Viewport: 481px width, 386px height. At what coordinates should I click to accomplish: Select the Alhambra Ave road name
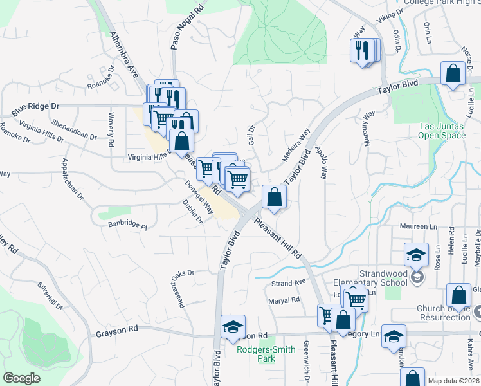[x=124, y=54]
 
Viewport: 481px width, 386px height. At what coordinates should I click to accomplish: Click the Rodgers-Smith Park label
[x=266, y=354]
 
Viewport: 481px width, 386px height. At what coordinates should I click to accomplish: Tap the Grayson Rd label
[x=117, y=333]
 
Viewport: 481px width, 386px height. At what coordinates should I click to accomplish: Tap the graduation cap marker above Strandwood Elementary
[x=416, y=255]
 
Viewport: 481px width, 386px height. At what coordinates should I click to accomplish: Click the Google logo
[x=22, y=378]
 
